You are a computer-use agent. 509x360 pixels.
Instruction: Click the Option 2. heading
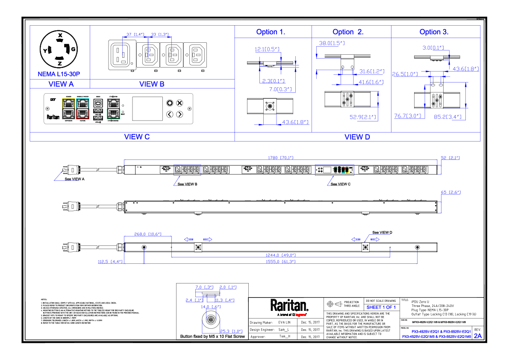(348, 32)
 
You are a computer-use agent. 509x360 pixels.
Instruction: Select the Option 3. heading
(434, 32)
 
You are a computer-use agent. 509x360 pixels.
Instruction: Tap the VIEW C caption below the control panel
(137, 137)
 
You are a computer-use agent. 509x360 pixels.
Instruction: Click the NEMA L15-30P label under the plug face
(58, 74)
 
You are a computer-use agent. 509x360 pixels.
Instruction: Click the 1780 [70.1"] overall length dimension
(280, 158)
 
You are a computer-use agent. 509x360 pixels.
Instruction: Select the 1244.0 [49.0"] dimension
(280, 255)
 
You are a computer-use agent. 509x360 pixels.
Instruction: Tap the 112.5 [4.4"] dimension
(111, 261)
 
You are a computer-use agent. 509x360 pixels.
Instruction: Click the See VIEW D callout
(382, 233)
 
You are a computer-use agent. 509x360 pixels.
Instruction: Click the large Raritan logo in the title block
(289, 306)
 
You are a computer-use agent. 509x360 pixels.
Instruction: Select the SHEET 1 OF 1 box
(381, 307)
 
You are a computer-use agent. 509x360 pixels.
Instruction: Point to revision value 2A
(477, 336)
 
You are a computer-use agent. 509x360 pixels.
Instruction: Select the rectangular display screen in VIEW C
(147, 109)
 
